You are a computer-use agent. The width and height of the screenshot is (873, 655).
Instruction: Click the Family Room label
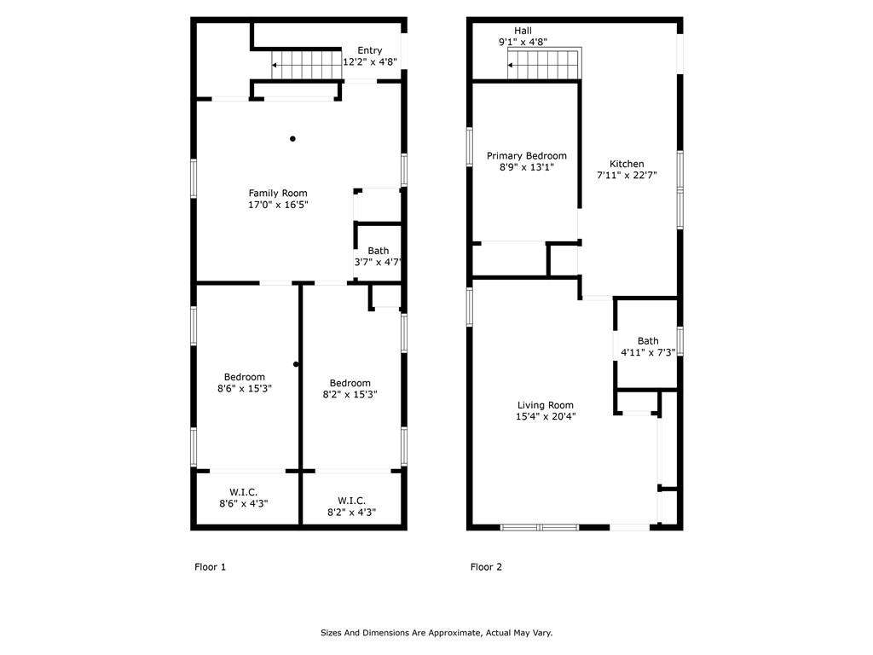(x=278, y=194)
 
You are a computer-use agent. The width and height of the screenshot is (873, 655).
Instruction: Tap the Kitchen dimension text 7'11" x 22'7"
(x=627, y=175)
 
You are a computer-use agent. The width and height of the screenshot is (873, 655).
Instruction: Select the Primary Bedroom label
(x=527, y=156)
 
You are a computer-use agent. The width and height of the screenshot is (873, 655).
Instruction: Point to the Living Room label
(x=546, y=405)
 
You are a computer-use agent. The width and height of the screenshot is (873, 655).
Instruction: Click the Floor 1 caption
(x=210, y=567)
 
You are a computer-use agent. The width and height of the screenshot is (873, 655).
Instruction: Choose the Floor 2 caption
(x=486, y=567)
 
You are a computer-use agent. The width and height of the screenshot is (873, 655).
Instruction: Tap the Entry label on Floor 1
(x=370, y=50)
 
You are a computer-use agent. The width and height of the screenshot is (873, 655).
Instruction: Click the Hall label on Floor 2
(x=523, y=32)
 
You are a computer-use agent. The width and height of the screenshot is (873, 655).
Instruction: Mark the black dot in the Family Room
(x=292, y=139)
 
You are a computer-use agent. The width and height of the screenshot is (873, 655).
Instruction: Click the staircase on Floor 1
(x=306, y=65)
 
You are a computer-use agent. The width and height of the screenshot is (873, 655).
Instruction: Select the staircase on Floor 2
(x=544, y=64)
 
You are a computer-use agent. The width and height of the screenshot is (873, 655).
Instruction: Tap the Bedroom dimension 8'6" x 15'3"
(x=245, y=388)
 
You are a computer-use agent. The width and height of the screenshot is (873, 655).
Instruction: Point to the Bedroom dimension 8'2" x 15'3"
(x=350, y=394)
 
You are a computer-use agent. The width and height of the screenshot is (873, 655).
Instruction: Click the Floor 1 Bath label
(x=378, y=252)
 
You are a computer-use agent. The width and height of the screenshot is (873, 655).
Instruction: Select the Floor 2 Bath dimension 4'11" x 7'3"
(x=648, y=352)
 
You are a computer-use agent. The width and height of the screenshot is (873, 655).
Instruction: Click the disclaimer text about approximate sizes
(x=436, y=633)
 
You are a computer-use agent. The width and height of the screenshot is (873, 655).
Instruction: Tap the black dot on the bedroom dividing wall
(x=296, y=364)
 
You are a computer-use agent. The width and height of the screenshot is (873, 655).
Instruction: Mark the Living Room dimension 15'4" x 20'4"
(x=546, y=416)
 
